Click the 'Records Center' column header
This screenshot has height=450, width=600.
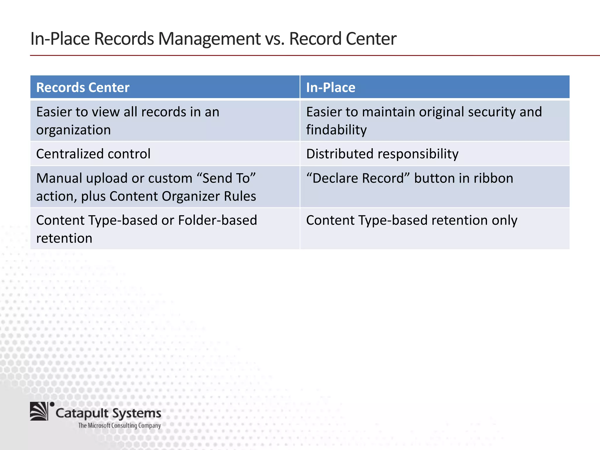(83, 88)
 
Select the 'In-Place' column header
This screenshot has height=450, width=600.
(330, 88)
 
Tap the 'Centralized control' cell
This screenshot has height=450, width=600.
(93, 154)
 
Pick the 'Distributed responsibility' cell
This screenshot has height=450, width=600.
(382, 154)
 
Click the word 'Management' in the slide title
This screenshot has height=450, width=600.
(209, 39)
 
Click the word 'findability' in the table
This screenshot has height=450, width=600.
(336, 130)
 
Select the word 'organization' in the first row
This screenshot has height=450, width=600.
(73, 130)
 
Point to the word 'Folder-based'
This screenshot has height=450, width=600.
(217, 220)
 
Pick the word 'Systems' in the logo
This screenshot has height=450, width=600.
(137, 413)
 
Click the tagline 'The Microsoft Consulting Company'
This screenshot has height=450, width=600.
(120, 425)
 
